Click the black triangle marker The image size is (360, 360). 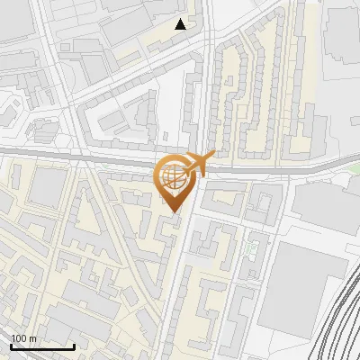click(181, 24)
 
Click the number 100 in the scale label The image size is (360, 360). click(18, 338)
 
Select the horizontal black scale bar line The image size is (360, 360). click(42, 346)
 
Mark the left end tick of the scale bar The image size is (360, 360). click(11, 345)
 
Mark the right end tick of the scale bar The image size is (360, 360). click(74, 345)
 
